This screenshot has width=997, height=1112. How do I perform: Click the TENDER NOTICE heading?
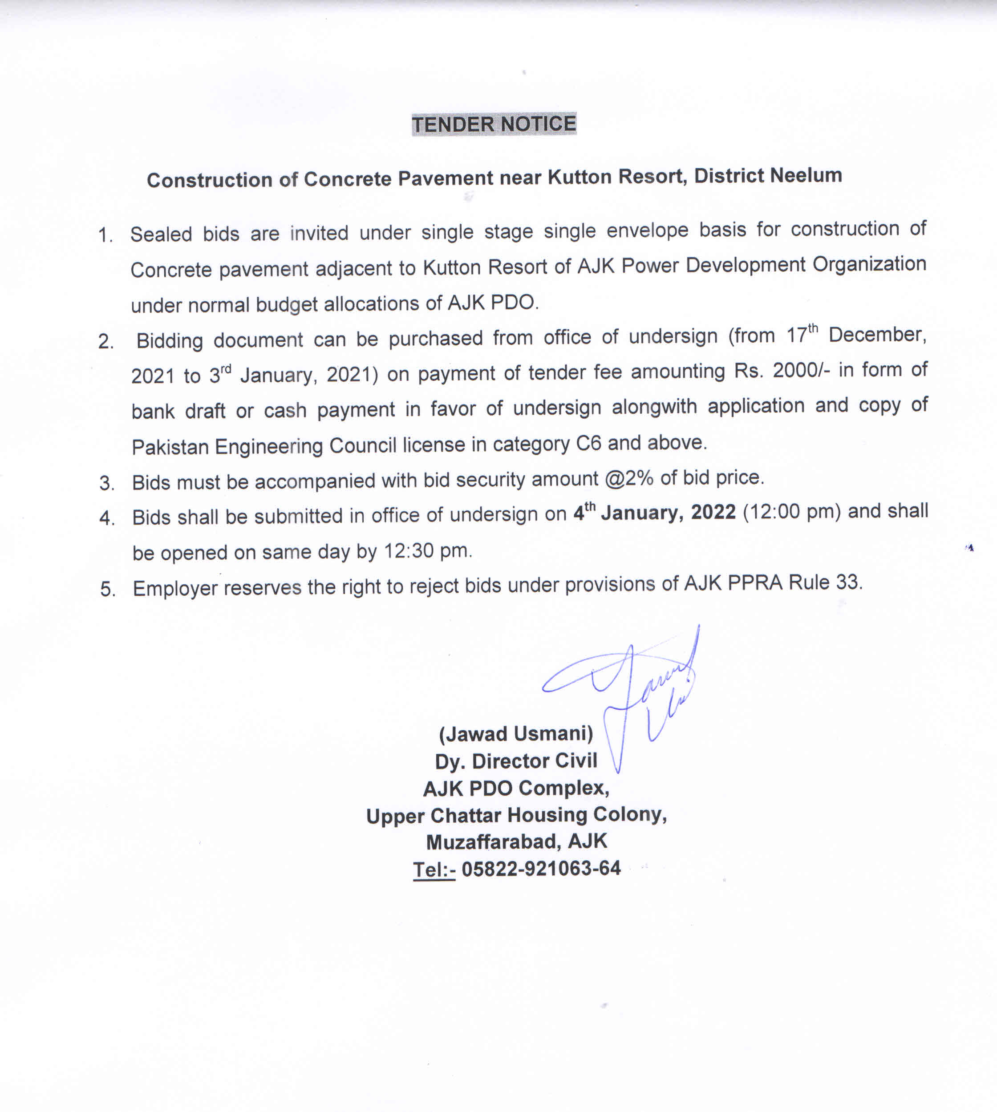(x=494, y=124)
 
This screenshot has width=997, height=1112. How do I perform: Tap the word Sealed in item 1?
(x=161, y=235)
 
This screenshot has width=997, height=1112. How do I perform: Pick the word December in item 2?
(x=876, y=335)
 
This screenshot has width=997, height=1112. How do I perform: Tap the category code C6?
(x=588, y=443)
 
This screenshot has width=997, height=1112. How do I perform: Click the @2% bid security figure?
(x=629, y=479)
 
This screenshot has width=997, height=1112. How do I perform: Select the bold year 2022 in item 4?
(x=713, y=512)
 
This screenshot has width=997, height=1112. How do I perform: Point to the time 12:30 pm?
(x=427, y=550)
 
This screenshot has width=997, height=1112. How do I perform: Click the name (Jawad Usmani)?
(x=516, y=733)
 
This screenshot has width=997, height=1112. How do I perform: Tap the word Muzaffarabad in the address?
(x=493, y=841)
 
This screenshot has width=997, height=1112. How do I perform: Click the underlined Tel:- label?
(x=434, y=869)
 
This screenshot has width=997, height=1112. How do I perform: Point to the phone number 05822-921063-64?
(x=541, y=868)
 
